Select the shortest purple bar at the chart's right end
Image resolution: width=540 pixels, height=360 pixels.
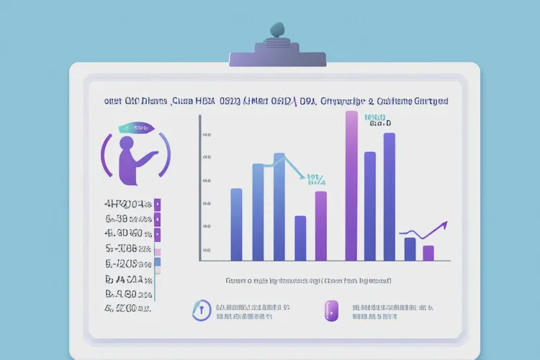coord(428,253)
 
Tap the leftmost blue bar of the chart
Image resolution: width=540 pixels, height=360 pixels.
coord(236,224)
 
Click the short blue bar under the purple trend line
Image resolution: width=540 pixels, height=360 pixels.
coord(410,248)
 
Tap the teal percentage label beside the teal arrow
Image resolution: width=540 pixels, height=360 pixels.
coord(316,179)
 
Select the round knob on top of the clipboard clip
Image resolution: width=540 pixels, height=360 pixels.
coord(277,30)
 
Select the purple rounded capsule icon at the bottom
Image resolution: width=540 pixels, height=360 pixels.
coord(331,311)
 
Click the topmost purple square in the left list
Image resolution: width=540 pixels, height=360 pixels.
coord(157,204)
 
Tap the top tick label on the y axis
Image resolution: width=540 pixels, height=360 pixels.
coord(207,135)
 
